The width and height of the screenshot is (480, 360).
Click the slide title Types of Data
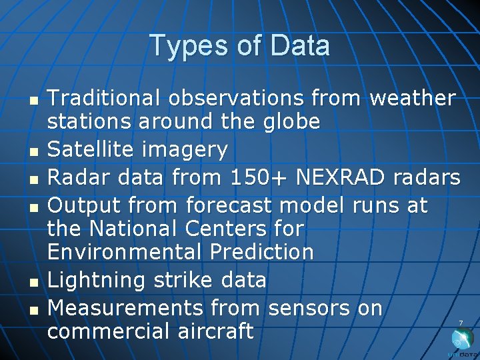click(x=239, y=46)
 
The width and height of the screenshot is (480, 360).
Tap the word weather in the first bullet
click(x=412, y=98)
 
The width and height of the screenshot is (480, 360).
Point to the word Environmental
click(x=124, y=252)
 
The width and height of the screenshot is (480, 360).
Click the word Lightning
click(x=97, y=280)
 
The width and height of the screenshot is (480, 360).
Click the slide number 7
click(x=460, y=323)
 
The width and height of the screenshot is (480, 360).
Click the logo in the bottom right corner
click(x=462, y=341)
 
